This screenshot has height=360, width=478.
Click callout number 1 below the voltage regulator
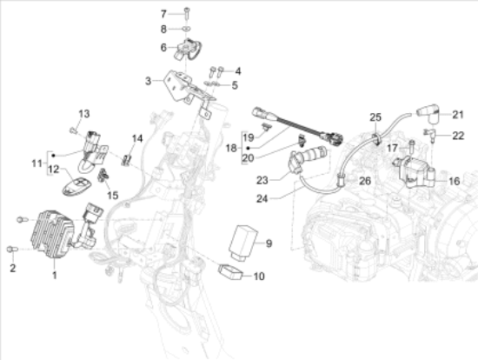(54, 276)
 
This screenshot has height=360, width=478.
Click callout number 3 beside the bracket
(148, 81)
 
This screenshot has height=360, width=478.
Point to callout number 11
(35, 162)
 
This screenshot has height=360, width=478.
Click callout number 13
(84, 114)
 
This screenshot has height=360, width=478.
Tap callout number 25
(375, 117)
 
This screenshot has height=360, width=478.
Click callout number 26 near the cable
(365, 181)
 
